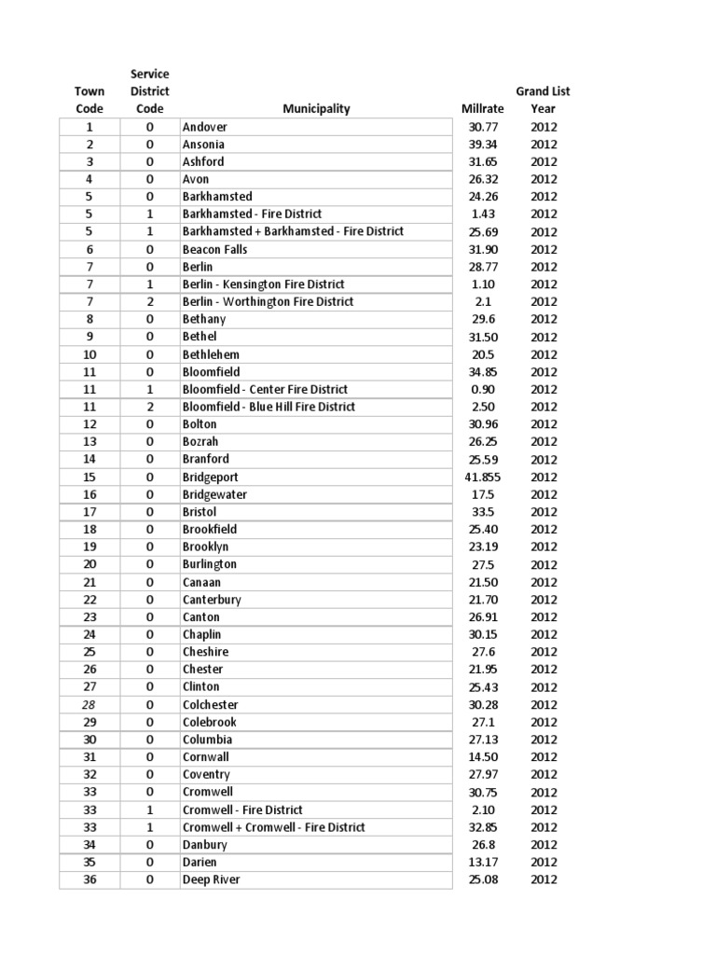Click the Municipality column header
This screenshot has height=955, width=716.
point(316,109)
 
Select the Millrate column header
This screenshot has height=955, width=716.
point(482,109)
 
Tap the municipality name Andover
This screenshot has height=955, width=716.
point(205,127)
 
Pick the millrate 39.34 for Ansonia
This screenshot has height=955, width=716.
point(482,145)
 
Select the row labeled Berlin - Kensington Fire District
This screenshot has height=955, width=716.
point(263,284)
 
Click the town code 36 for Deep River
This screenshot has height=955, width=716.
point(89,879)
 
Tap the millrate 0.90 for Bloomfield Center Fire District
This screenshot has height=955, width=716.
point(482,389)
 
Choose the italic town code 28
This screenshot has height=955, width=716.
point(89,704)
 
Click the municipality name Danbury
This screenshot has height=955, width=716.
point(204,845)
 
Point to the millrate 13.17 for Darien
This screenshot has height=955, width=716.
point(482,862)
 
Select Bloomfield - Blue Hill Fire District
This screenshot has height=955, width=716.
point(268,407)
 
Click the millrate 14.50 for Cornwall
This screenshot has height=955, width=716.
point(482,757)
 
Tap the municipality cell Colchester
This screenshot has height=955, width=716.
point(210,704)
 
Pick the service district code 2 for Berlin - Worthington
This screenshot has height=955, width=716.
point(149,302)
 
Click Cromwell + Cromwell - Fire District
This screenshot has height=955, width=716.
point(273,827)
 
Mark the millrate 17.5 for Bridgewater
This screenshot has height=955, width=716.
point(482,494)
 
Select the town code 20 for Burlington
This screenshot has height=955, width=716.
point(89,564)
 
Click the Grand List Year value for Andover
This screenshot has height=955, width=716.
point(544,127)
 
